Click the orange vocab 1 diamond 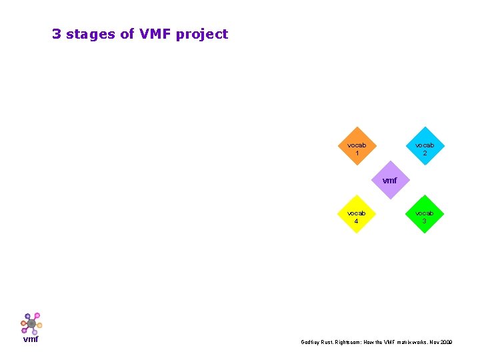pyautogui.click(x=357, y=146)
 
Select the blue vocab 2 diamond pyautogui.click(x=424, y=146)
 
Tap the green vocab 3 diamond pyautogui.click(x=424, y=215)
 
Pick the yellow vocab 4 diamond pyautogui.click(x=357, y=215)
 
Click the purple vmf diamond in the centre pyautogui.click(x=391, y=180)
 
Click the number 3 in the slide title pyautogui.click(x=57, y=34)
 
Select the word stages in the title pyautogui.click(x=91, y=34)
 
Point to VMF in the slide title pyautogui.click(x=155, y=34)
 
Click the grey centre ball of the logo pyautogui.click(x=31, y=323)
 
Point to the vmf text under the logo pyautogui.click(x=31, y=339)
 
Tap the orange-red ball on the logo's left pyautogui.click(x=23, y=323)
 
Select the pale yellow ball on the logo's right pyautogui.click(x=39, y=325)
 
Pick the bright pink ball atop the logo pyautogui.click(x=37, y=315)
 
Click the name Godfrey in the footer pyautogui.click(x=311, y=342)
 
